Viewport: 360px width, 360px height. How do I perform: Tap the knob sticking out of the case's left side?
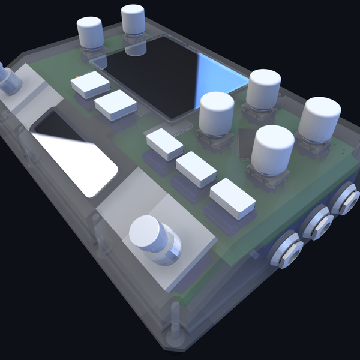[x=8, y=79]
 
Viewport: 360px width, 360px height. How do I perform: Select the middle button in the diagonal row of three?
[x=196, y=169]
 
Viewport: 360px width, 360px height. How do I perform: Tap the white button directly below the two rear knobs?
[x=90, y=85]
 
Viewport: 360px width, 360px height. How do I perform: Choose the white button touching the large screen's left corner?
[x=115, y=106]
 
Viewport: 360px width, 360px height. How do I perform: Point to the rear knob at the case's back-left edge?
[x=91, y=33]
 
